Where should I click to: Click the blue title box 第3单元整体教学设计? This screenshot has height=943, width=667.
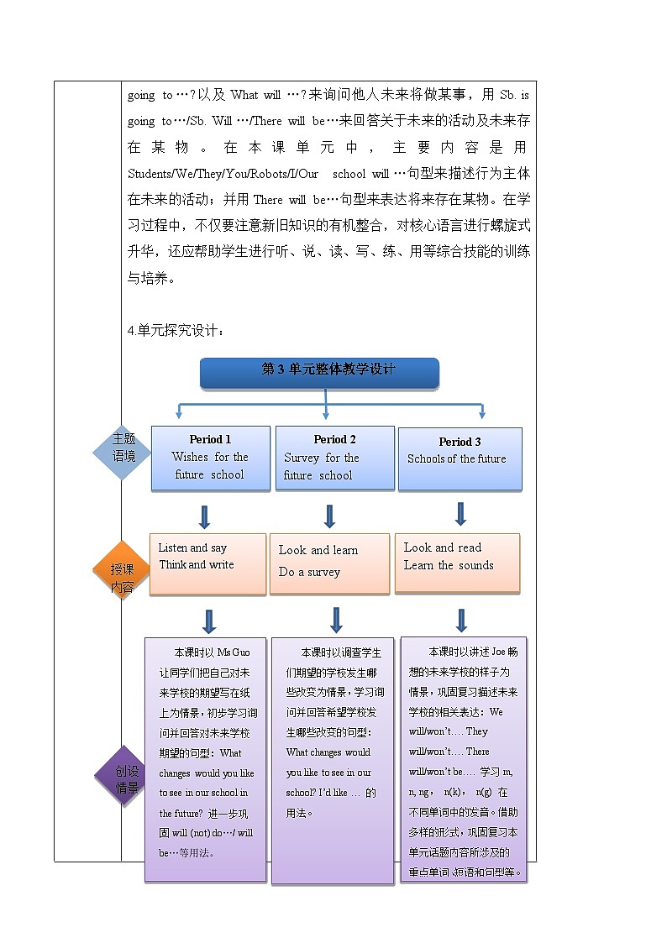pos(319,372)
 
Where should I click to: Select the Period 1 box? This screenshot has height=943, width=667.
pos(210,458)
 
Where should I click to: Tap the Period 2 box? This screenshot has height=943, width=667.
pos(334,458)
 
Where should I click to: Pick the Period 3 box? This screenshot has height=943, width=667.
pos(460,458)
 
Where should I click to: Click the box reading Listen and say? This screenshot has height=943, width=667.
pos(207,564)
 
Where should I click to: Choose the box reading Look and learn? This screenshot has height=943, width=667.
pos(329,563)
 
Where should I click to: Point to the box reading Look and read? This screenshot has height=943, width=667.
pos(457,563)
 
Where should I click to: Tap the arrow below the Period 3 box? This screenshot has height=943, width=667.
pos(460,512)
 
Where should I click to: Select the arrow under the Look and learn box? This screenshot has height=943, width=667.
pos(336,619)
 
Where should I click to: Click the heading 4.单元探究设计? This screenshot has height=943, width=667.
pos(176,331)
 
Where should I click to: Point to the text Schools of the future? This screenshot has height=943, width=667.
pos(456,459)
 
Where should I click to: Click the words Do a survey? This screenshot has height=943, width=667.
pos(309,573)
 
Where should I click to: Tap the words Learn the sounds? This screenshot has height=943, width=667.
pos(449,566)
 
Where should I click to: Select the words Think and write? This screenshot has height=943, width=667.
pos(197,565)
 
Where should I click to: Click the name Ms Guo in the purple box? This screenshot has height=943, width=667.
pos(234,652)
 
